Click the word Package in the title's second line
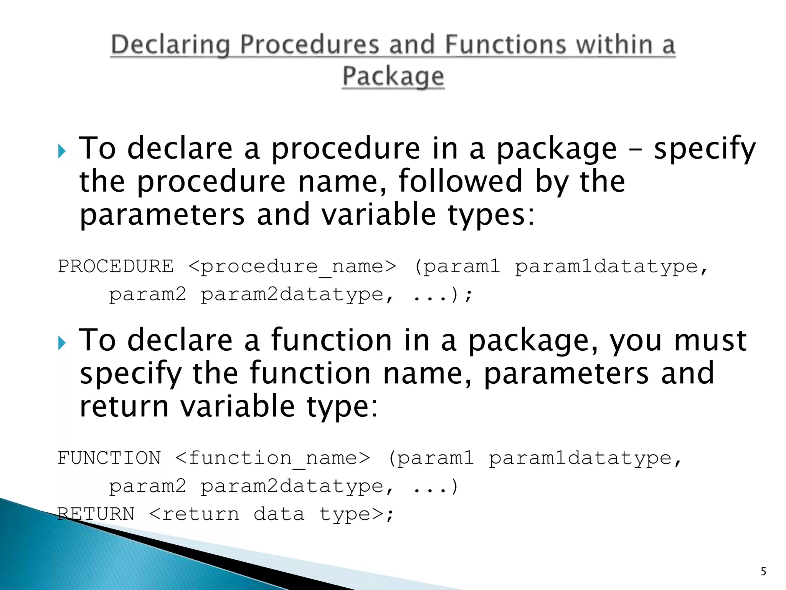point(393,76)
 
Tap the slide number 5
point(763,572)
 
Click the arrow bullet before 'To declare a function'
point(62,343)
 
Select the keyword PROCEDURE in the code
point(116,266)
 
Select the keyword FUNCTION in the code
point(109,458)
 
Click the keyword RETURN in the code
point(96,514)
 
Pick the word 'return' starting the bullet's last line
point(124,407)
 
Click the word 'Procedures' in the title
point(309,45)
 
